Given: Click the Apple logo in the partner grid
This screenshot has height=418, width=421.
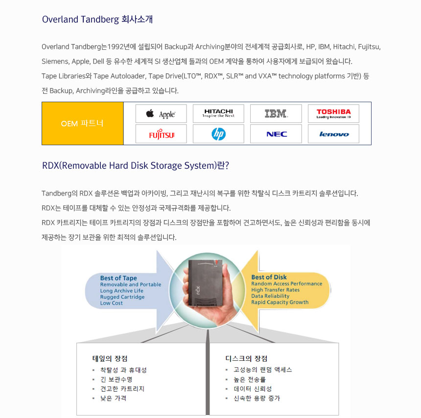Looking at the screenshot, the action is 161,114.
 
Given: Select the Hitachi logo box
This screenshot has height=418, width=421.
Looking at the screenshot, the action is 218,113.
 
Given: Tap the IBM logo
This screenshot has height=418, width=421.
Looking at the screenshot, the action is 276,114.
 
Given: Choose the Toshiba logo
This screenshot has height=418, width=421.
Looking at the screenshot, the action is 333,113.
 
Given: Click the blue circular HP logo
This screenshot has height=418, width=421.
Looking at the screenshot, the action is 218,134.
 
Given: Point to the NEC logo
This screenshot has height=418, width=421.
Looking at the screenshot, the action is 276,134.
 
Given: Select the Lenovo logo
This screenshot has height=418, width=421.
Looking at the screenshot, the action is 333,134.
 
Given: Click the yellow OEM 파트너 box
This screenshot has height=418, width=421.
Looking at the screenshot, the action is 82,124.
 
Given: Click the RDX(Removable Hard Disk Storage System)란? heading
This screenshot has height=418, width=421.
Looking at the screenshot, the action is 135,165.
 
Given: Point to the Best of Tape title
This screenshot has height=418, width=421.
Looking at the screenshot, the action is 118,278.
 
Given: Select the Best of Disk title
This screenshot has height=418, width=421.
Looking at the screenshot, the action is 269,277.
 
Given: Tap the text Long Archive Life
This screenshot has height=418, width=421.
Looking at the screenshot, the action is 121,291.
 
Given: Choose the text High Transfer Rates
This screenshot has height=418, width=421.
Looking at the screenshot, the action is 275,290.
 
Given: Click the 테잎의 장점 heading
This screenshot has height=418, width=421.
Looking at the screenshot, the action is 110,358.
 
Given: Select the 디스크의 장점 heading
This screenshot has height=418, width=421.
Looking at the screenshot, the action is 246,358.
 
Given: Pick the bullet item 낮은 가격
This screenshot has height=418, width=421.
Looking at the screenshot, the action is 113,398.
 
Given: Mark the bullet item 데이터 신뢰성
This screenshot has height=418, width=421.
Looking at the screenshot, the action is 253,389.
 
